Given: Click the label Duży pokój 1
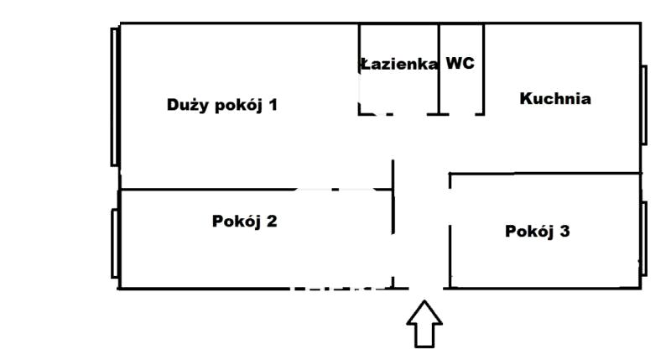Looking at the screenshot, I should click(221, 106).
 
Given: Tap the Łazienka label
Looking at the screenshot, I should click(399, 64).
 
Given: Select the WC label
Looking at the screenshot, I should click(460, 63).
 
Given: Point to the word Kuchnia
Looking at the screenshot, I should click(555, 99).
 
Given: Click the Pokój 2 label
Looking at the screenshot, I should click(245, 222).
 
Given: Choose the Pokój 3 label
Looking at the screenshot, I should click(538, 232).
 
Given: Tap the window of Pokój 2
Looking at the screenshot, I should click(114, 242).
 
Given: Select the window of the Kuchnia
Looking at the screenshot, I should click(644, 105).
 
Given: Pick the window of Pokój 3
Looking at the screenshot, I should click(644, 237).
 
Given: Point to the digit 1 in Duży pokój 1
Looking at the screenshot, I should click(272, 106).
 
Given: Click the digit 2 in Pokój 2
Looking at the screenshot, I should click(272, 222).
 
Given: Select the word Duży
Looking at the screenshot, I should click(187, 106).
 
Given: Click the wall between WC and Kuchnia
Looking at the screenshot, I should click(483, 69).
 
